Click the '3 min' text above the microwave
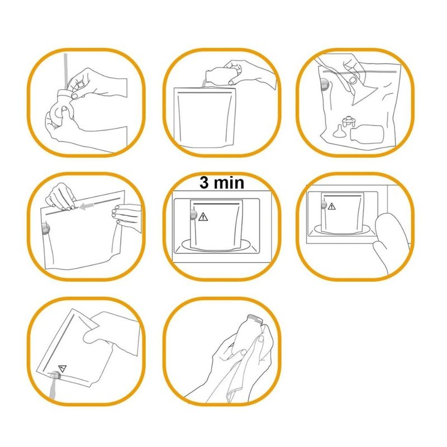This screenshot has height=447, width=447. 222,183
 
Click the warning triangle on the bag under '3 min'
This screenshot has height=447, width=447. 203,217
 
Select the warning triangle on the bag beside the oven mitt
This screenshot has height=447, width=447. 331,206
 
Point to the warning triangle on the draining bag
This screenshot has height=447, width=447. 62,368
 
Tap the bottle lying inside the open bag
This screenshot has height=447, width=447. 367,132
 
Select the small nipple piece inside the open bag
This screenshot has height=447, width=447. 339,131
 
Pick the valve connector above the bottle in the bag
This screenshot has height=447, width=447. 348,121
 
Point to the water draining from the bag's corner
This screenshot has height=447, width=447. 53,387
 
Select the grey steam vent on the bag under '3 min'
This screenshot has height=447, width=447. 193,215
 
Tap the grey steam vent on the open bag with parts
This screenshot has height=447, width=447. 325,84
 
